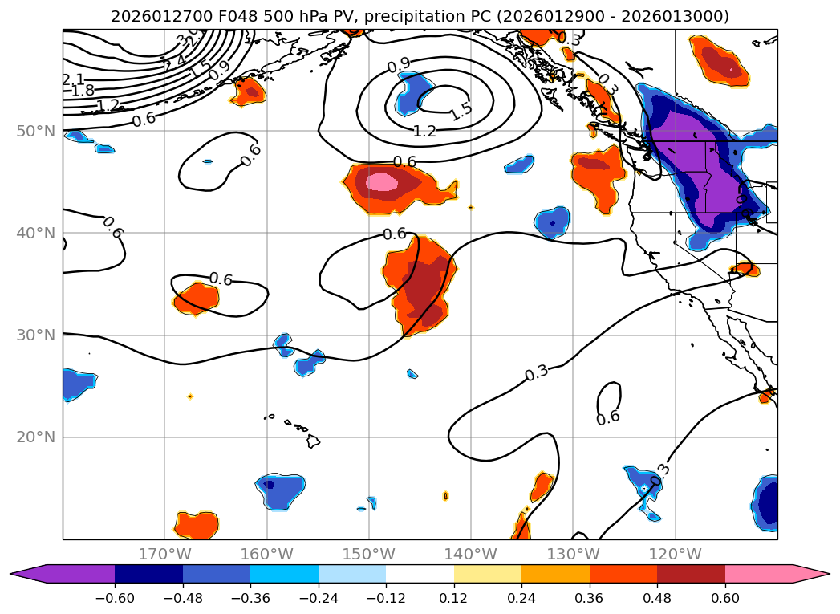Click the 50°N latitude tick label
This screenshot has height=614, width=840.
[x=35, y=131]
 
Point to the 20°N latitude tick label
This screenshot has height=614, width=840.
[x=35, y=437]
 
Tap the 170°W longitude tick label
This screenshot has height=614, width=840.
[x=164, y=554]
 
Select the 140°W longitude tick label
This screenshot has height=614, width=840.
[x=471, y=554]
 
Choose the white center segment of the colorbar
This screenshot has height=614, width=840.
[x=420, y=574]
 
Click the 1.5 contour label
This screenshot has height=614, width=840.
[x=461, y=112]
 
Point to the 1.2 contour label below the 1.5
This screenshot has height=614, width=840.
[x=424, y=131]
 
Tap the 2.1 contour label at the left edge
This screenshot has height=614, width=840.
[x=73, y=79]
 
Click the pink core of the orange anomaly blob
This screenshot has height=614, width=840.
[x=382, y=182]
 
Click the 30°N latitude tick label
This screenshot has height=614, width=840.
[x=35, y=335]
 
